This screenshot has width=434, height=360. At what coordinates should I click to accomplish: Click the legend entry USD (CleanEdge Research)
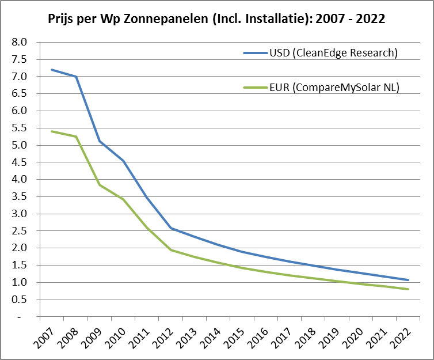[333, 53]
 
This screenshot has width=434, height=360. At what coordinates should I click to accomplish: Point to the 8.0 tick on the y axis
[20, 42]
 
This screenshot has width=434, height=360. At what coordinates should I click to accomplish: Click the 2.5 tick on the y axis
[20, 231]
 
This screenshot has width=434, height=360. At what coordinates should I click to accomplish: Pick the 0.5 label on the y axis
[20, 300]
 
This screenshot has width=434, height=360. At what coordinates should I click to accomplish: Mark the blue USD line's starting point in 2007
[52, 70]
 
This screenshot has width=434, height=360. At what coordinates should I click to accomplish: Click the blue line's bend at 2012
[171, 228]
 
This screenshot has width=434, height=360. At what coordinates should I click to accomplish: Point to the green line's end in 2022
[408, 289]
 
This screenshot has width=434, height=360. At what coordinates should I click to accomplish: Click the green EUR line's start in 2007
[52, 131]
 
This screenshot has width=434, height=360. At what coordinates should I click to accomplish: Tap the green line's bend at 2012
[171, 250]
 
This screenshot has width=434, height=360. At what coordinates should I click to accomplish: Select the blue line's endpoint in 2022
[408, 280]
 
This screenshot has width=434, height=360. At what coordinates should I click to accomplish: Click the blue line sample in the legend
[255, 53]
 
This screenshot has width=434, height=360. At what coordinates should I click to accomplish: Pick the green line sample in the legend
[255, 88]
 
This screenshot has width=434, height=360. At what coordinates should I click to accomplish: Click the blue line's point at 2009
[100, 141]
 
